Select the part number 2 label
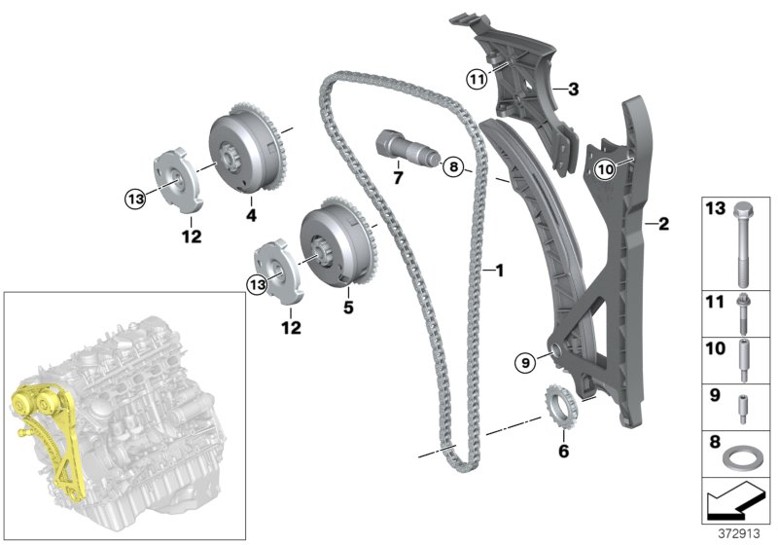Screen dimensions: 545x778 click(x=664, y=225)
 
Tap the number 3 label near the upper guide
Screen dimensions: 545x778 click(x=573, y=91)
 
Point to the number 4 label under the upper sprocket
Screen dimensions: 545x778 click(x=250, y=213)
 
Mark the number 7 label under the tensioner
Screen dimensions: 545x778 click(x=397, y=178)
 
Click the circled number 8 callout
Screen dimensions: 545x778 click(x=453, y=167)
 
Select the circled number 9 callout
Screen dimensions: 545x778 click(x=526, y=362)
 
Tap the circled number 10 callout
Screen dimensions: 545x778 click(x=605, y=168)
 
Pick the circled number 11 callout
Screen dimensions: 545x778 click(x=476, y=78)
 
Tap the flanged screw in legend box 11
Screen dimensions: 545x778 click(x=742, y=310)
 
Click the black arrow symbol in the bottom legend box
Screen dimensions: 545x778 click(x=735, y=503)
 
